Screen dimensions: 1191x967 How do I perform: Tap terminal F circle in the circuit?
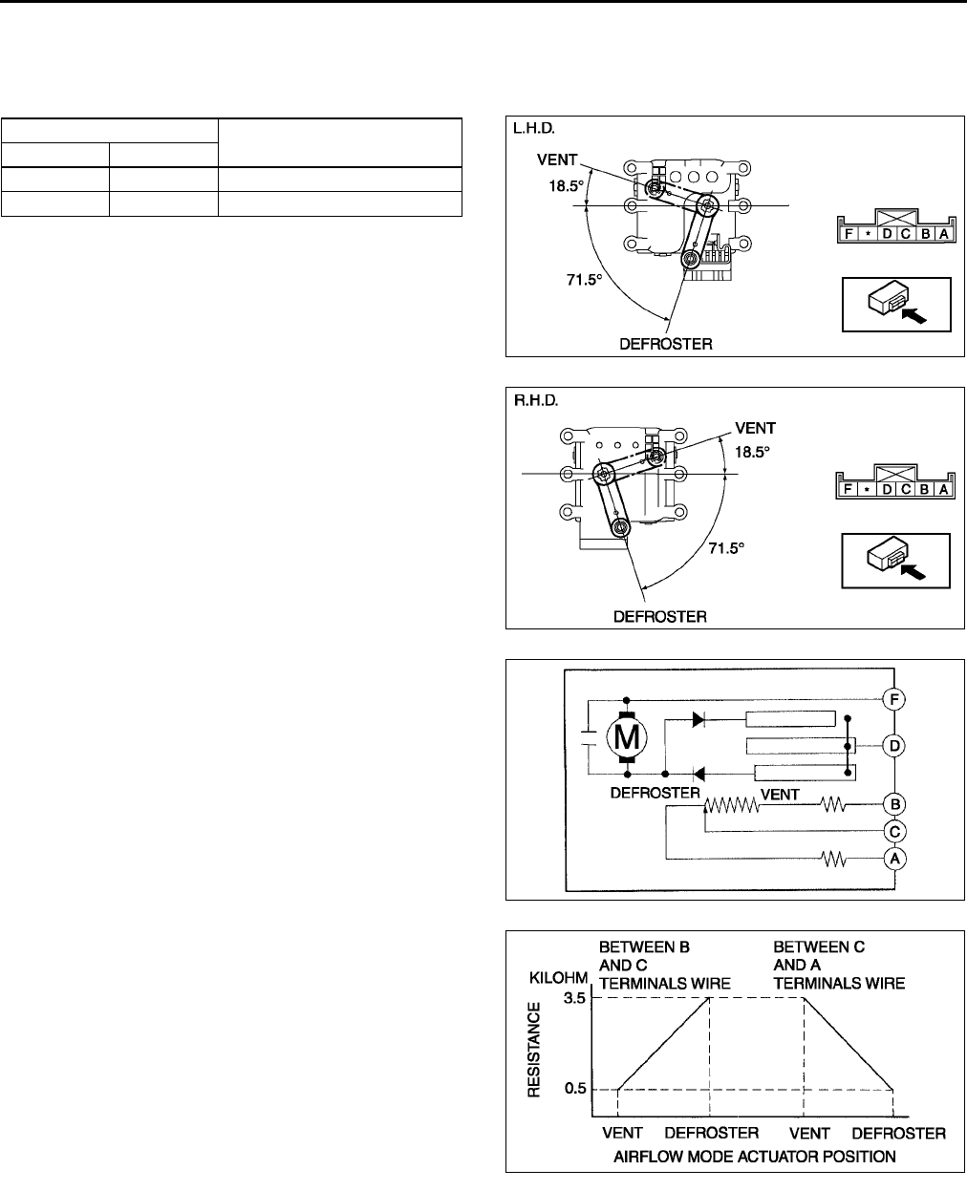pos(894,698)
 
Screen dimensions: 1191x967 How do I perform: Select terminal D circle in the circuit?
pos(894,745)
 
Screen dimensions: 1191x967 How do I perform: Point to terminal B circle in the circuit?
pos(894,804)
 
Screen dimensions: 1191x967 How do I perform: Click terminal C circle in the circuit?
pos(894,831)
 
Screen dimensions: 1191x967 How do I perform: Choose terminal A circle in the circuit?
pos(894,859)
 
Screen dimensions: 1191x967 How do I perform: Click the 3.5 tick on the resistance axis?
pos(574,998)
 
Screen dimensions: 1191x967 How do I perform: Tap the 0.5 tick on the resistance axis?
pos(574,1089)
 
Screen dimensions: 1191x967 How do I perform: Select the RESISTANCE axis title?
pos(535,1050)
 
